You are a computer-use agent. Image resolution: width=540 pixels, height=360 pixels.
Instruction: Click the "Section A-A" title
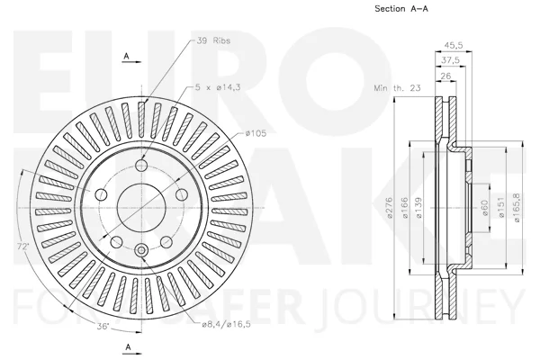(401, 9)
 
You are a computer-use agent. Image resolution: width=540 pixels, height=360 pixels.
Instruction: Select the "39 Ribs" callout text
(213, 40)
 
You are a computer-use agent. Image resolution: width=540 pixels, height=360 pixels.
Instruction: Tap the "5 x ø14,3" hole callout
(218, 87)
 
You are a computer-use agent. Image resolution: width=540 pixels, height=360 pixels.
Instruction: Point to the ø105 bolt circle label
(256, 133)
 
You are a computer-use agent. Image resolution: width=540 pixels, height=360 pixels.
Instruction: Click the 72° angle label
(23, 247)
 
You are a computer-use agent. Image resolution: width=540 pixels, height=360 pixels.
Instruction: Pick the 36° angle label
(103, 326)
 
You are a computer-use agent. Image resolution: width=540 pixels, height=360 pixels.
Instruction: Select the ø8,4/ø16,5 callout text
(226, 324)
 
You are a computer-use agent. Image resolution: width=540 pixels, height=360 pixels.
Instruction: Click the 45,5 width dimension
(454, 45)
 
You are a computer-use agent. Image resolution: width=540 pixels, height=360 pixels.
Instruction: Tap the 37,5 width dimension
(451, 60)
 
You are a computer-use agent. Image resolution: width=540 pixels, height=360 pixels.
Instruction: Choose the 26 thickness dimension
(445, 76)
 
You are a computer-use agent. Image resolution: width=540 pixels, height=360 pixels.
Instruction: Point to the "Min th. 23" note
(398, 88)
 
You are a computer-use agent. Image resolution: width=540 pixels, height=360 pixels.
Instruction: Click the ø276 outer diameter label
(390, 207)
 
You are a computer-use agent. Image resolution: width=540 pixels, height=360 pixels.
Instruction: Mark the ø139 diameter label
(419, 208)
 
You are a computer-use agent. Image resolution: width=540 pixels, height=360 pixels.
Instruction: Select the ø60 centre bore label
(485, 208)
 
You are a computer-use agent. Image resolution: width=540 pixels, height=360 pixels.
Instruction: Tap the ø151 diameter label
(501, 207)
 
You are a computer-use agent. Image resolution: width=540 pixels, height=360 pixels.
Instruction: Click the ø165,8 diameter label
(517, 207)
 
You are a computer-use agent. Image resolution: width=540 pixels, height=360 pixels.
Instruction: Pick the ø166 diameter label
(405, 208)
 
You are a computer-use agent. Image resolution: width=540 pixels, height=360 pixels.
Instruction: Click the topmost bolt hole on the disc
(141, 166)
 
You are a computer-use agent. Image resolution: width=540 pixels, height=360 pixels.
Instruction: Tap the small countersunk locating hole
(141, 250)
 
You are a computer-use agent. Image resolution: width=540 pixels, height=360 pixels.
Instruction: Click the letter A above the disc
(126, 56)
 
